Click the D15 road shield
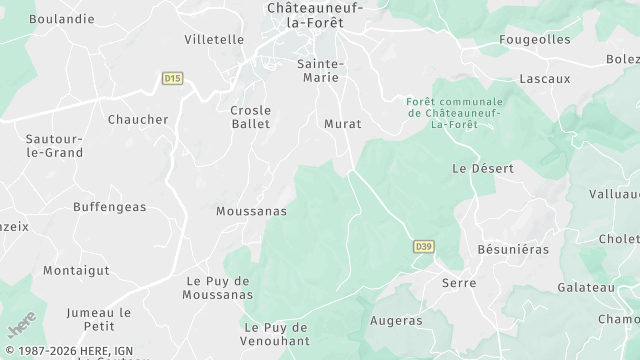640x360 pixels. pos(173,77)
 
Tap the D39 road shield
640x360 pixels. pos(423,246)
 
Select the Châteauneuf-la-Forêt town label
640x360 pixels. pos(315,14)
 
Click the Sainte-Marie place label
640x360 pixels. pos(321,71)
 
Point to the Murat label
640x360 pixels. pos(342,124)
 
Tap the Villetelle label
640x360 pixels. pos(214,39)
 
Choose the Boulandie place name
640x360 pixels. pos(62,18)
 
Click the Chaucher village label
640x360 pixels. pos(138,119)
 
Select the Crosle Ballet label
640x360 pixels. pos(250,117)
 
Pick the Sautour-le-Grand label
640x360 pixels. pos(54,146)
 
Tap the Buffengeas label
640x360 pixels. pos(109,207)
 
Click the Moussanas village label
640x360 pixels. pos(251,211)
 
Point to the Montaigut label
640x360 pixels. pos(76,270)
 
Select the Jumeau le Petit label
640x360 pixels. pos(98,318)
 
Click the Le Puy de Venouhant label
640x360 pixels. pos(275,334)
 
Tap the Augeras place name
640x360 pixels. pos(396,321)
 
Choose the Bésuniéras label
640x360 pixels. pos(513,248)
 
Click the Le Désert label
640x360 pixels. pos(483,168)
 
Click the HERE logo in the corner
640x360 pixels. pos(22,325)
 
